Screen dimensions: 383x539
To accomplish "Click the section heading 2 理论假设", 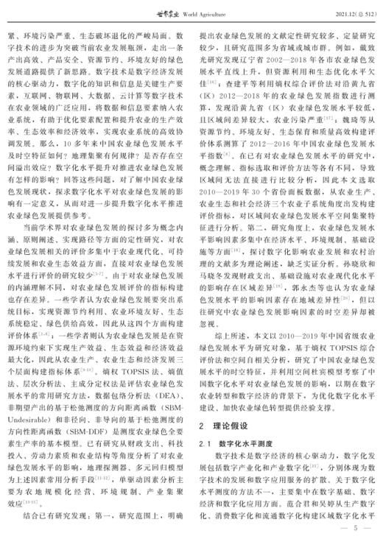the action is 223,426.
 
